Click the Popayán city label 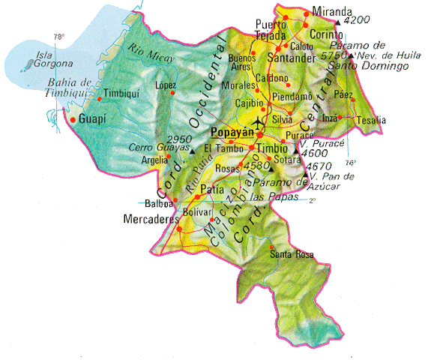point(232,133)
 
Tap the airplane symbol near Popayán point(260,122)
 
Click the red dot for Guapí point(72,119)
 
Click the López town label point(165,85)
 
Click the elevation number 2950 point(181,139)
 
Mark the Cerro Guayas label point(157,148)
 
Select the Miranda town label point(333,12)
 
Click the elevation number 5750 point(334,55)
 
